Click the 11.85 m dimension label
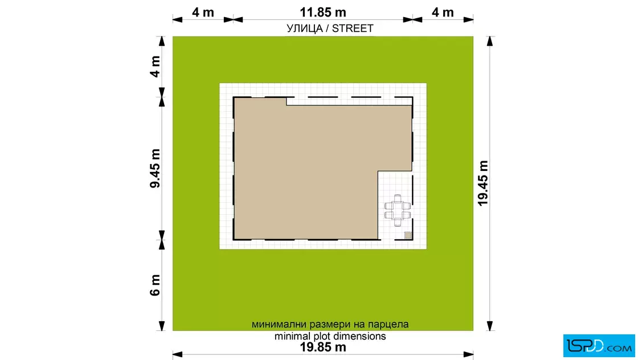(x=322, y=12)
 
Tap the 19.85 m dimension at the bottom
(x=322, y=347)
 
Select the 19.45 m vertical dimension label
(x=483, y=183)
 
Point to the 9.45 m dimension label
(x=155, y=168)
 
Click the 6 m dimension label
(x=155, y=285)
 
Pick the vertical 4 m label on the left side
(x=155, y=67)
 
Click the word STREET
(x=353, y=28)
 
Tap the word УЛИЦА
(x=304, y=28)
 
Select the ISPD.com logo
(x=599, y=345)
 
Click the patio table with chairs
(x=398, y=210)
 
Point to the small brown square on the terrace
(x=408, y=235)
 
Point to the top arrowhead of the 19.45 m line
(x=490, y=41)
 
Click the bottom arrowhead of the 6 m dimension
(x=162, y=326)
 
